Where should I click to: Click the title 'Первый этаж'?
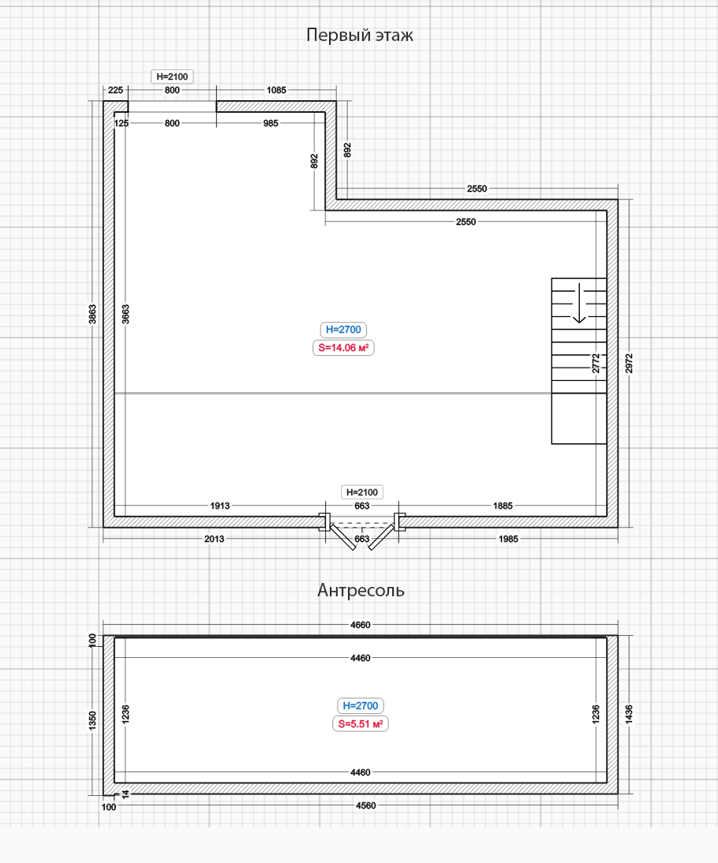pyautogui.click(x=360, y=35)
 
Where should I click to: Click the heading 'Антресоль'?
pyautogui.click(x=361, y=590)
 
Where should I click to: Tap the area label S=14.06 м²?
pyautogui.click(x=343, y=348)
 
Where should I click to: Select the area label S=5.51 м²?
pyautogui.click(x=361, y=723)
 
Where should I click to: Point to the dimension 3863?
pyautogui.click(x=92, y=314)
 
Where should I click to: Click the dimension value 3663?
pyautogui.click(x=125, y=314)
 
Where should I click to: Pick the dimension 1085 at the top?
pyautogui.click(x=276, y=90)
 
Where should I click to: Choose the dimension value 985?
pyautogui.click(x=271, y=123)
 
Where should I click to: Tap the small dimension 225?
pyautogui.click(x=116, y=90)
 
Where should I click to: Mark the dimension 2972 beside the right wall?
pyautogui.click(x=629, y=364)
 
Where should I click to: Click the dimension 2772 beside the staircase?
pyautogui.click(x=596, y=364)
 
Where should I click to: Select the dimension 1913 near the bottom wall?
pyautogui.click(x=220, y=506)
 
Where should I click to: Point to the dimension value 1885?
pyautogui.click(x=503, y=506)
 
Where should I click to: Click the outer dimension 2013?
pyautogui.click(x=214, y=539)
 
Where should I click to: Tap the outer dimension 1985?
pyautogui.click(x=508, y=539)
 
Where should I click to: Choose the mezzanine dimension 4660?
pyautogui.click(x=361, y=626)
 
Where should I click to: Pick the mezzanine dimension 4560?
pyautogui.click(x=366, y=805)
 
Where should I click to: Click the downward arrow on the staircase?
pyautogui.click(x=579, y=303)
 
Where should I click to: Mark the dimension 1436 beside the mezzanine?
pyautogui.click(x=629, y=715)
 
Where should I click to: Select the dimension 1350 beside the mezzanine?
pyautogui.click(x=92, y=721)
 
